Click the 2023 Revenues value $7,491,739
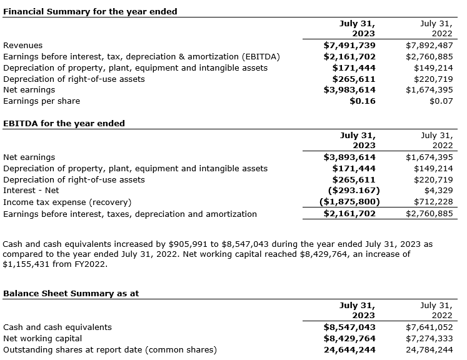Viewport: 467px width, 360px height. [349, 45]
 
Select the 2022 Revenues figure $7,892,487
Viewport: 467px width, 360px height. [429, 45]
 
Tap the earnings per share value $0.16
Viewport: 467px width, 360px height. [363, 101]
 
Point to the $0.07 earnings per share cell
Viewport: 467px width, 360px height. [441, 101]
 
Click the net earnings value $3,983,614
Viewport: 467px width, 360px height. [349, 90]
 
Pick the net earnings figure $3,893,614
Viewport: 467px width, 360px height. [349, 157]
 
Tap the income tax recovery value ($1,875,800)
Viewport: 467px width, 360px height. [349, 202]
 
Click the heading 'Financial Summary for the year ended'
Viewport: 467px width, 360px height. [90, 11]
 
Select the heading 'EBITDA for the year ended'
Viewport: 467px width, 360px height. [64, 123]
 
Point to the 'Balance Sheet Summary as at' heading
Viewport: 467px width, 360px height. [71, 293]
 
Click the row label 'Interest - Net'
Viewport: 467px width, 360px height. [31, 191]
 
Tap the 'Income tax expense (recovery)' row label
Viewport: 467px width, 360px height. [67, 202]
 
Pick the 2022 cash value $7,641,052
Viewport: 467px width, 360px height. [429, 327]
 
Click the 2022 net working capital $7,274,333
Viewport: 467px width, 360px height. [429, 339]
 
